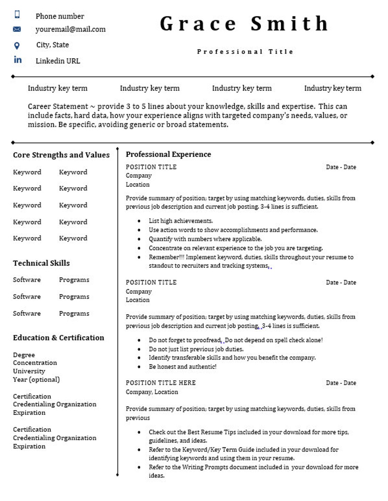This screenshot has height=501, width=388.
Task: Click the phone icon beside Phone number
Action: pos(17,14)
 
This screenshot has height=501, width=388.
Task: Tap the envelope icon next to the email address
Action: pos(17,29)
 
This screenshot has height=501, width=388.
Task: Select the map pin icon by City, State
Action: pos(17,46)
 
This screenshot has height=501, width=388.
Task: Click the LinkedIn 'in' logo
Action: pos(18,60)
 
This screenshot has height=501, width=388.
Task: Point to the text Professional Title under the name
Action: pos(245,52)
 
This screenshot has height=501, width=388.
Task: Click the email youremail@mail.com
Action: pos(70,29)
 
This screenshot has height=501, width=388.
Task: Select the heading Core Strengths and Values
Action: pos(61,155)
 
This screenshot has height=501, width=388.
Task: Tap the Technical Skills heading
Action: pos(41,263)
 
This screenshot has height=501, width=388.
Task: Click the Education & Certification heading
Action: pos(59,338)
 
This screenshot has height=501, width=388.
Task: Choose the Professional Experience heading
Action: pos(168,154)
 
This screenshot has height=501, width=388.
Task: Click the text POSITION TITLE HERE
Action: pos(161,383)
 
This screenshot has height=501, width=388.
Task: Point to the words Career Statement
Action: pos(58,106)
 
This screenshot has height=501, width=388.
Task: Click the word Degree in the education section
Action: pos(24,355)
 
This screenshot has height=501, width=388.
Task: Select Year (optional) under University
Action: pos(36,379)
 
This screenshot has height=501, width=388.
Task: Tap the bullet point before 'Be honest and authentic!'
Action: pos(139,367)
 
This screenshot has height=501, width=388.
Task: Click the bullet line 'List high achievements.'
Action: pos(181,221)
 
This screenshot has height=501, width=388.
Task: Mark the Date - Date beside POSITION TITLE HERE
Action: pos(341,383)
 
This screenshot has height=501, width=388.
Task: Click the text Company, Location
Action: pos(152,392)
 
